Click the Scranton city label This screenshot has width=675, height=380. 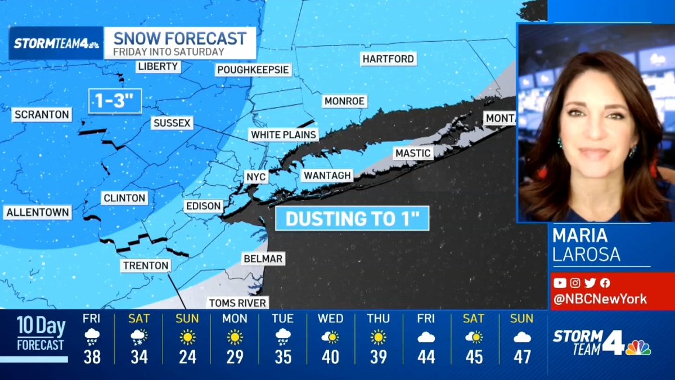[x=42, y=115]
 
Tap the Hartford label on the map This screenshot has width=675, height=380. [x=388, y=59]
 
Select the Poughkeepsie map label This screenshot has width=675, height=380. [x=254, y=70]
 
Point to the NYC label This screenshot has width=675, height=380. [x=256, y=177]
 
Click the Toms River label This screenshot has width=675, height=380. [x=237, y=303]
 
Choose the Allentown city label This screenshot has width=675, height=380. [x=38, y=213]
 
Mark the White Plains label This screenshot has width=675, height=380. [x=284, y=135]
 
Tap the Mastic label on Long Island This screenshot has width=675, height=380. [x=413, y=153]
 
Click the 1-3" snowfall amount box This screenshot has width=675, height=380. [x=115, y=101]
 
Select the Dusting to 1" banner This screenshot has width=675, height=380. [x=352, y=218]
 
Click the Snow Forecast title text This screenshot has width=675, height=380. [x=180, y=38]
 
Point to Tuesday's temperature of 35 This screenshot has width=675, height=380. [x=282, y=357]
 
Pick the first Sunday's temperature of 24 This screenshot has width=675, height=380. [x=187, y=357]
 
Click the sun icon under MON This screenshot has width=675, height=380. [x=235, y=337]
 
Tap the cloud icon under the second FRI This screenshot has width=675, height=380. [x=426, y=337]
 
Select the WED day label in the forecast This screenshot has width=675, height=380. [x=331, y=319]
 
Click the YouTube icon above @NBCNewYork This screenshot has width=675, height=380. [x=560, y=283]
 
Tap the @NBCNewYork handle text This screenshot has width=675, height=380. [x=600, y=299]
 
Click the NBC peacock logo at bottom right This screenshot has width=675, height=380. [x=638, y=347]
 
